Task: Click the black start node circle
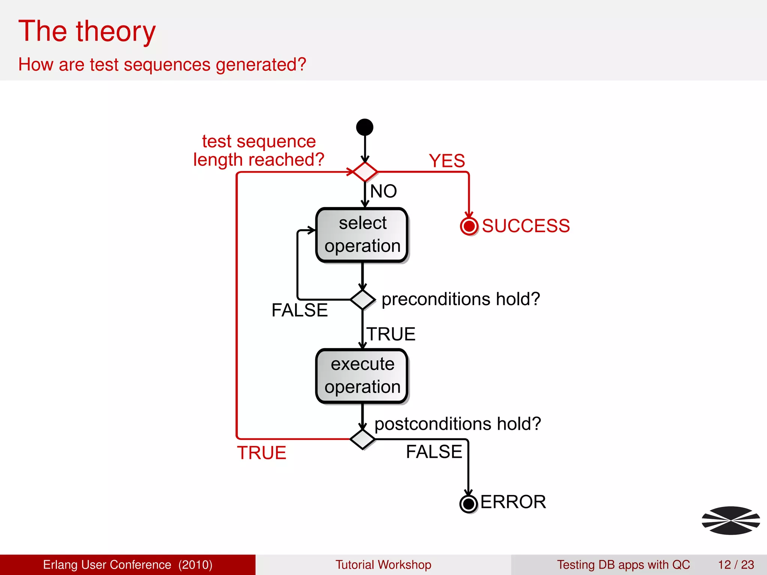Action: click(365, 127)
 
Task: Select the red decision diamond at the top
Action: click(365, 172)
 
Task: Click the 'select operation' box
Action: click(362, 235)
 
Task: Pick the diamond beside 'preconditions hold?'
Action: click(362, 299)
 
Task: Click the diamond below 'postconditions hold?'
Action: click(362, 439)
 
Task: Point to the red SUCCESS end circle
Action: click(469, 226)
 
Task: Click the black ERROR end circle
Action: click(468, 504)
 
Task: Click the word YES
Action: click(447, 161)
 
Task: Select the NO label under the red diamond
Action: click(383, 191)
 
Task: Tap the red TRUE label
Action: click(261, 453)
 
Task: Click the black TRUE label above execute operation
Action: click(391, 334)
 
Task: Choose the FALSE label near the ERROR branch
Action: click(434, 452)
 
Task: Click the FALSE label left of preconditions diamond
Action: click(300, 310)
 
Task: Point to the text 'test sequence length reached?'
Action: click(258, 150)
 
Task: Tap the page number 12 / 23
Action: click(736, 565)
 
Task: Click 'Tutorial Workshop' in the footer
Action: click(383, 565)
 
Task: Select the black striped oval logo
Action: click(731, 520)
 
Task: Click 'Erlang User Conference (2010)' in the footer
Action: click(128, 565)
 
